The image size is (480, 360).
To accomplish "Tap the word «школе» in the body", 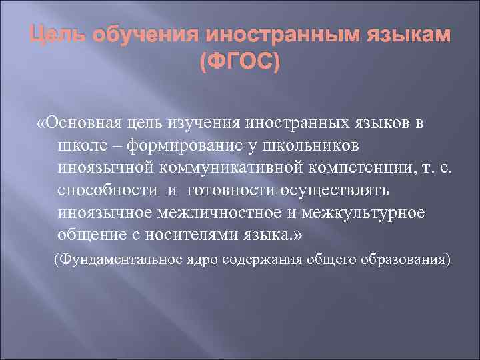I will coord(79,145).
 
